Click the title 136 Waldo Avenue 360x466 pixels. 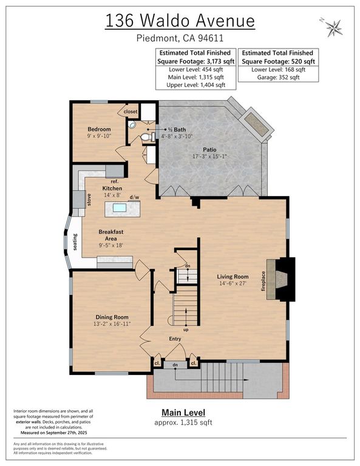(x=180, y=20)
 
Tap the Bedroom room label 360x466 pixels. (x=99, y=129)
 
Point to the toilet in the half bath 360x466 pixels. (x=144, y=138)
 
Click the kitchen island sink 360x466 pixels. (x=120, y=208)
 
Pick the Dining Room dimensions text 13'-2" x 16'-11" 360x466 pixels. (x=112, y=325)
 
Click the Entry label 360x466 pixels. (x=175, y=339)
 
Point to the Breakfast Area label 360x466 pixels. (x=112, y=235)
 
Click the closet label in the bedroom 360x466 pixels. (x=131, y=112)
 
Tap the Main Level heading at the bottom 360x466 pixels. (x=180, y=413)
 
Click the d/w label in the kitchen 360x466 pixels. (x=135, y=197)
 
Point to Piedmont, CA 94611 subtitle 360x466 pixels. (x=180, y=39)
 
